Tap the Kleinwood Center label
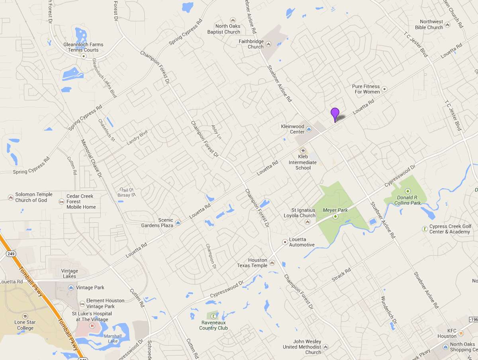[292, 129]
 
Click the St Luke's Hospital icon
[92, 326]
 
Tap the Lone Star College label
[25, 325]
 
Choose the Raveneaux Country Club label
[214, 325]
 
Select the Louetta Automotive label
[302, 242]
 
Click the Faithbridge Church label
[251, 44]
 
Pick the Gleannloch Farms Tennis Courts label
[83, 47]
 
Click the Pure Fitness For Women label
[366, 89]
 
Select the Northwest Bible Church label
[429, 25]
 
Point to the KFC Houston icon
[460, 333]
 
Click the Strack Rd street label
[341, 275]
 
